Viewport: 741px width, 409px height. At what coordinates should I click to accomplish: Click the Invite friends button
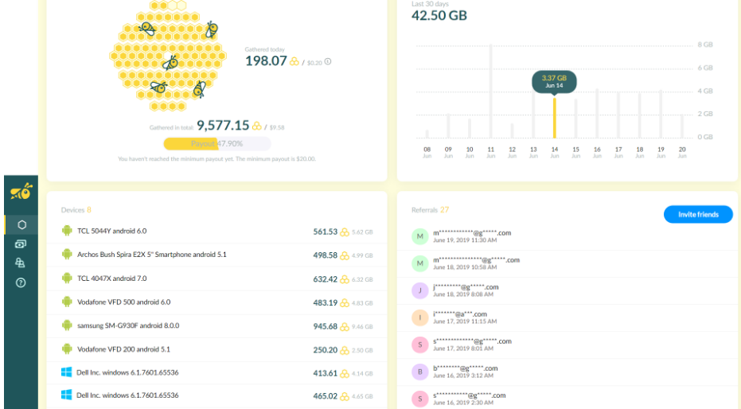(x=698, y=214)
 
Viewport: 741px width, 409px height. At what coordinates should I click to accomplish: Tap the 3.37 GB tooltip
(x=554, y=81)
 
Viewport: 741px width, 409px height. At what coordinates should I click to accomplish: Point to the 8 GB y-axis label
(x=704, y=45)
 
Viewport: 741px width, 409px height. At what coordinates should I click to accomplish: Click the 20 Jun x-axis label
(x=682, y=152)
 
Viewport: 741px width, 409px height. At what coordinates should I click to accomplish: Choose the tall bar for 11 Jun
(x=491, y=92)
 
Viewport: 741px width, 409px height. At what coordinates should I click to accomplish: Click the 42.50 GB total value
(x=439, y=16)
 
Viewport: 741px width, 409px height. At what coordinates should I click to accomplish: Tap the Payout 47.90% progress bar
(x=216, y=144)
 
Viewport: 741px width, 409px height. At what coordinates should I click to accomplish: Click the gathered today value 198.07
(x=266, y=60)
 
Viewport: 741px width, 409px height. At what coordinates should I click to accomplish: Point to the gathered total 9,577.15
(x=223, y=125)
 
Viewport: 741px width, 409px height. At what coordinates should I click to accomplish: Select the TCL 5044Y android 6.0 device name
(x=111, y=231)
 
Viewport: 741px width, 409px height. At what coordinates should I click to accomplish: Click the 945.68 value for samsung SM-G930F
(x=326, y=326)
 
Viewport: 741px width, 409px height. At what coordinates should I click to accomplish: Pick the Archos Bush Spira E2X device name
(x=151, y=255)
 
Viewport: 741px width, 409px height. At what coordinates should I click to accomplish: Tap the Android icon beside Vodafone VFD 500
(x=67, y=302)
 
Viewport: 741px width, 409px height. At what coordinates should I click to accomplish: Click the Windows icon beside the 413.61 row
(x=67, y=372)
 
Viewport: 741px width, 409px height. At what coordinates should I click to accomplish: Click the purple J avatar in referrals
(x=419, y=290)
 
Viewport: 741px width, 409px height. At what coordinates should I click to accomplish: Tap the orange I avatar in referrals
(x=419, y=317)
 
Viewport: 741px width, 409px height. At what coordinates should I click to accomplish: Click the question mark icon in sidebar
(x=21, y=282)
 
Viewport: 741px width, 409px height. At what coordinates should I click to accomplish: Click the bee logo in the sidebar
(x=21, y=192)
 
